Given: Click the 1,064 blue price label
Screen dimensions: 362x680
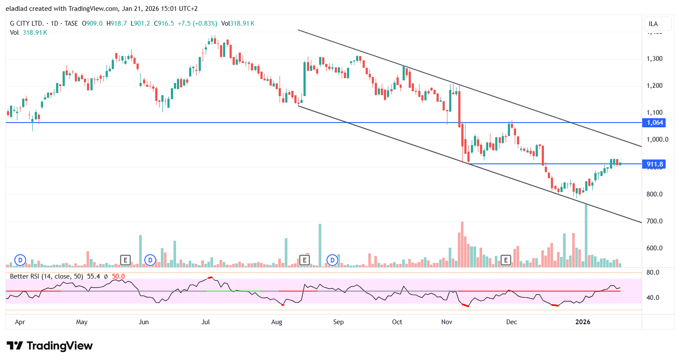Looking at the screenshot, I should click(x=655, y=123).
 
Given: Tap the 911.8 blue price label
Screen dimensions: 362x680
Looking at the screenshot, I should click(x=655, y=164).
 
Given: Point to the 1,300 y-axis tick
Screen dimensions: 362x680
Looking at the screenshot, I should click(x=654, y=59).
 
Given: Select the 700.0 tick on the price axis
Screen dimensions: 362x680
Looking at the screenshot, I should click(x=654, y=221).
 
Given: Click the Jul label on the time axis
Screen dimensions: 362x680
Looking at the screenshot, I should click(x=206, y=322).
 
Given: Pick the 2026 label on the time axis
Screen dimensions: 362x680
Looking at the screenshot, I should click(x=583, y=322).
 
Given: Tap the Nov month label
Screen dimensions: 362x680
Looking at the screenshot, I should click(x=447, y=322).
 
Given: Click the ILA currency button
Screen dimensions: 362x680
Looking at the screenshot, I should click(x=653, y=24).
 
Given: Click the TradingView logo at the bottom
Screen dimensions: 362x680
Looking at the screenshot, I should click(x=50, y=346).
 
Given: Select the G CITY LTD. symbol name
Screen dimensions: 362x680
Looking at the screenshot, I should click(x=27, y=23).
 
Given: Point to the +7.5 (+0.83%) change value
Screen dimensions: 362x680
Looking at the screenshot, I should click(x=197, y=23).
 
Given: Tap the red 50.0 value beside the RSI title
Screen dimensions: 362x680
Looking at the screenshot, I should click(x=118, y=276).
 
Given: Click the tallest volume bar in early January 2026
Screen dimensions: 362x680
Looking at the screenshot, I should click(x=586, y=235).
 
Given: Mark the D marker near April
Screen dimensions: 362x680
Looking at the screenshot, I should click(x=20, y=260).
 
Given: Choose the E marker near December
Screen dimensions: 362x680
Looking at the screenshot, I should click(x=506, y=260).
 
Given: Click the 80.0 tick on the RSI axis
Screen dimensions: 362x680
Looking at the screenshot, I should click(x=653, y=272).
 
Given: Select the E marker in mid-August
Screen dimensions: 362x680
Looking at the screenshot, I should click(x=305, y=260).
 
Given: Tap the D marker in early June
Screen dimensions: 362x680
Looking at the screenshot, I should click(x=150, y=260).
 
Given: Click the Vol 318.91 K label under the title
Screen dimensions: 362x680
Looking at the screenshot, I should click(x=29, y=33).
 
